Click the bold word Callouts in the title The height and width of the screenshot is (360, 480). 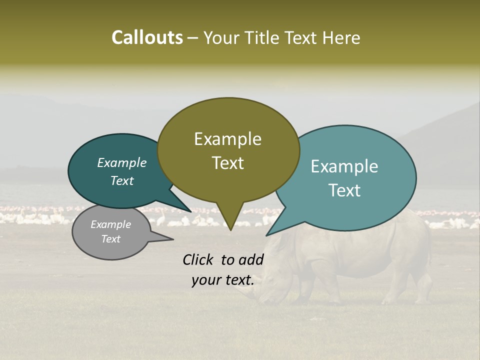tap(147, 37)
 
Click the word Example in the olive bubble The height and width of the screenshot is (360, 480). tap(227, 139)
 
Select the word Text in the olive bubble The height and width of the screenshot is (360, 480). tap(227, 163)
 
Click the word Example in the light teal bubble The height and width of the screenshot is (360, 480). tap(344, 166)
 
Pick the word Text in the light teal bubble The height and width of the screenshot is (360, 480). tap(344, 190)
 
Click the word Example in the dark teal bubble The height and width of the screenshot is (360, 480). tap(121, 163)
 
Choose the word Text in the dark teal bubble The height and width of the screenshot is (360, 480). tap(121, 180)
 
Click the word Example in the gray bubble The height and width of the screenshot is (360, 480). tap(110, 224)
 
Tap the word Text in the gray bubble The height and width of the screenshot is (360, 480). tap(110, 239)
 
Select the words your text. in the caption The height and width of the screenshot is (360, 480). tap(222, 280)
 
